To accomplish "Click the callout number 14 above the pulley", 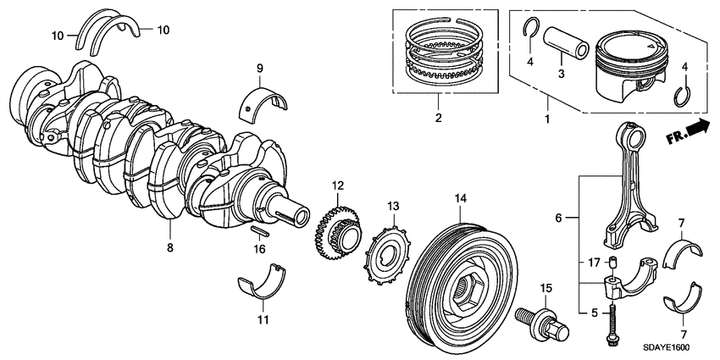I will (x=460, y=199).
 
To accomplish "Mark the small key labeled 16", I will (x=260, y=231).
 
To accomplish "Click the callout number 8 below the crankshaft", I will (x=169, y=248).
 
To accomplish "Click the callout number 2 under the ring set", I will (x=438, y=119).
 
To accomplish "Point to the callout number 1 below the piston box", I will (x=546, y=119).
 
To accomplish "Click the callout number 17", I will (x=595, y=261).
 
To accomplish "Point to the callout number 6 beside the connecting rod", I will (x=558, y=218).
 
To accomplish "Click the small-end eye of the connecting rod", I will (x=634, y=135).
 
